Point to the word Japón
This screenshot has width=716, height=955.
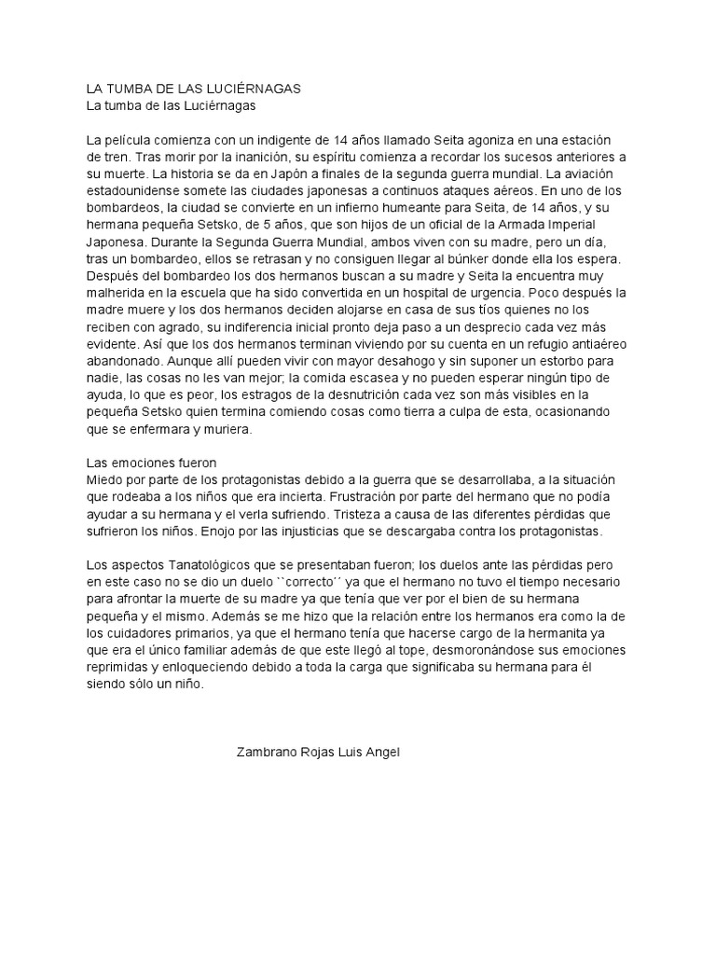287,173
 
